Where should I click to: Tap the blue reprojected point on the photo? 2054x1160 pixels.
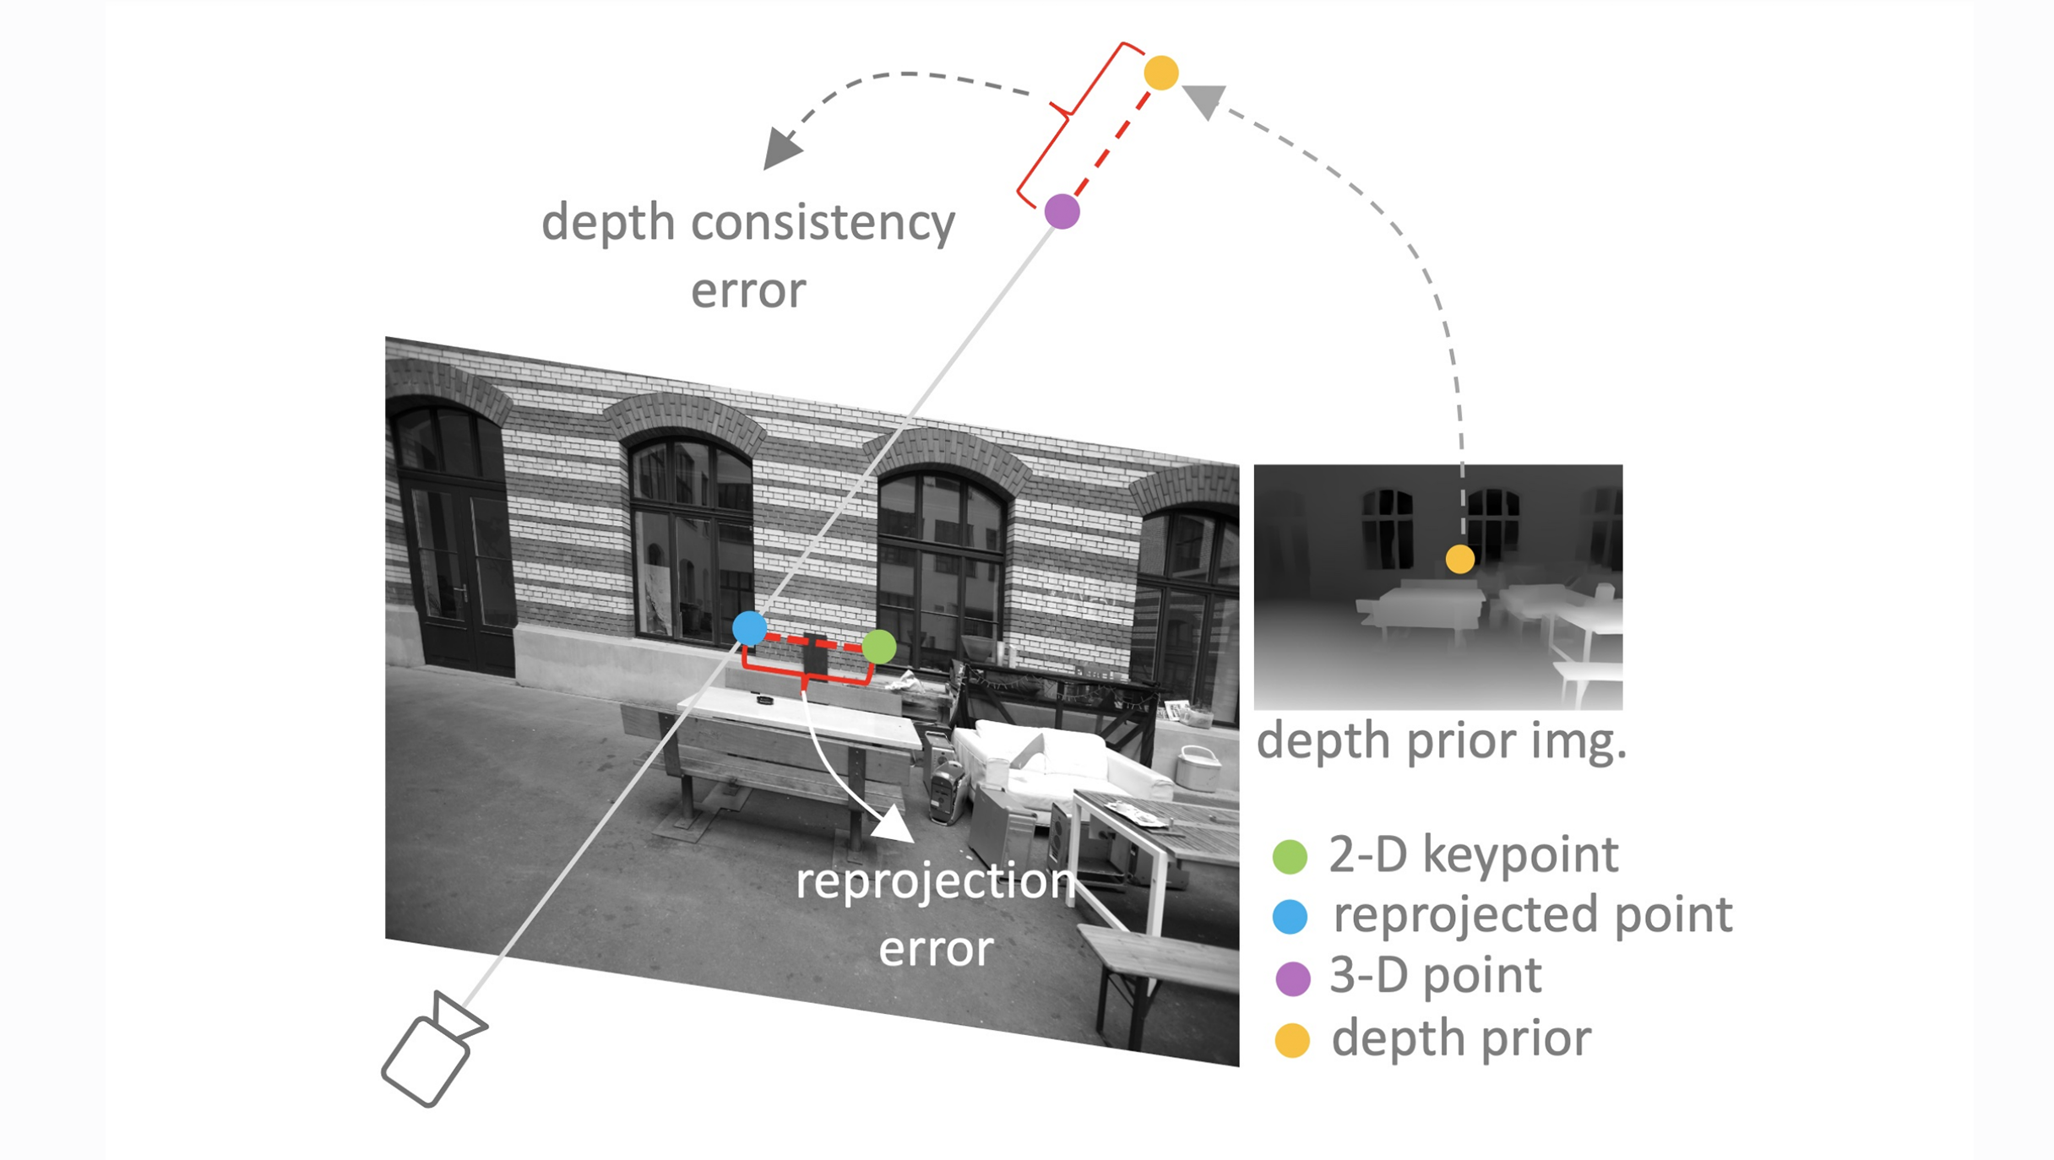click(749, 628)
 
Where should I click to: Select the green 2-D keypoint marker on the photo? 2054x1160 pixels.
click(879, 647)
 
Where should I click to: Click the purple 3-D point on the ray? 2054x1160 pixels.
click(1062, 211)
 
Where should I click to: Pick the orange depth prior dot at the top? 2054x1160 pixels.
click(1161, 73)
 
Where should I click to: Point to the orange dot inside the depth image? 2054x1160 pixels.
click(1459, 559)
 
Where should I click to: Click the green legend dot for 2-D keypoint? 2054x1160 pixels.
click(1290, 856)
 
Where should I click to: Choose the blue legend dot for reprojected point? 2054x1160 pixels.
click(1290, 917)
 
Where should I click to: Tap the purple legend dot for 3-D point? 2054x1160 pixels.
click(1292, 978)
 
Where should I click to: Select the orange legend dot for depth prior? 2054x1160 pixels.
click(1292, 1040)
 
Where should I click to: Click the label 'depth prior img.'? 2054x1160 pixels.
click(1441, 741)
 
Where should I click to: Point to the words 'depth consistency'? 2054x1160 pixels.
click(748, 224)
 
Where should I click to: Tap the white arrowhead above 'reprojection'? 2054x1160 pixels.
click(894, 826)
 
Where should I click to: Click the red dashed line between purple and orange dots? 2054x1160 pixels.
click(1112, 142)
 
